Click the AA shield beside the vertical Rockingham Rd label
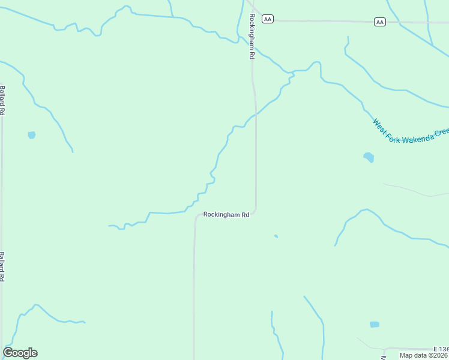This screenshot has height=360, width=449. coord(268,19)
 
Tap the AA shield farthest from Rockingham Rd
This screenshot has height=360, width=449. coord(379,22)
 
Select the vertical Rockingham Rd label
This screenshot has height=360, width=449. coord(252,35)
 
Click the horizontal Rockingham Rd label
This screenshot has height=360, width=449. coord(226,214)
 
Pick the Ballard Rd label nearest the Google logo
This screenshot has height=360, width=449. coord(2,266)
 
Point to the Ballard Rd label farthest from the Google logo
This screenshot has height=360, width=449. coord(2,100)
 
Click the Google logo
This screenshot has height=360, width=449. coord(20,352)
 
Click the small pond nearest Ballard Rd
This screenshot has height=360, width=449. coord(31,135)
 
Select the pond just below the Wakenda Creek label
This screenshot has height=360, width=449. coord(369,158)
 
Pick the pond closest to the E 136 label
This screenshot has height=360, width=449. coord(375,324)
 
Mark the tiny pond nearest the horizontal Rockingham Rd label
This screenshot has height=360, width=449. coord(276,236)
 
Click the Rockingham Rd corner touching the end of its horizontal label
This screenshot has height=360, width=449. coord(256,211)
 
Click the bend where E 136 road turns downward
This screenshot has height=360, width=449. coord(384,350)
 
